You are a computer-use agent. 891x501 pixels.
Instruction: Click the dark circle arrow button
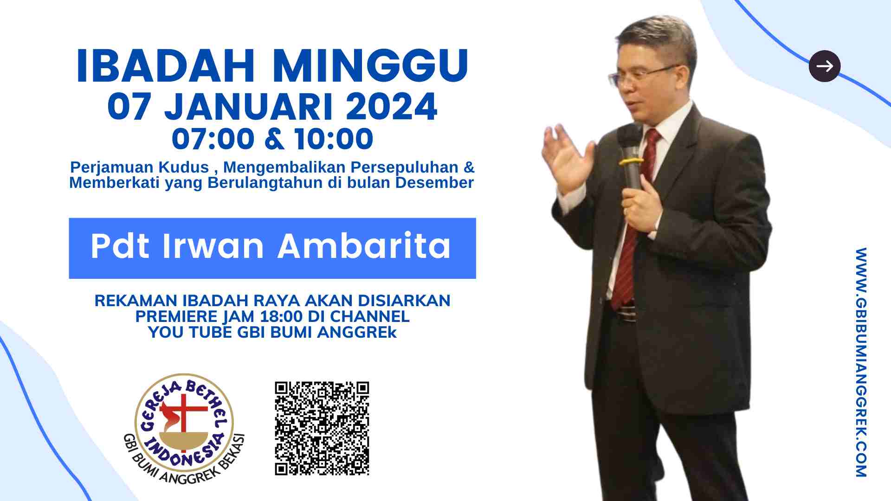[x=825, y=66]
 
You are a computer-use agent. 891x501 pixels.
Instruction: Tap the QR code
[x=322, y=429]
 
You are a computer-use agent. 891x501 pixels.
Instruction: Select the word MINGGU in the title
[x=370, y=66]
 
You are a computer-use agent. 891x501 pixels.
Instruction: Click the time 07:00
[x=213, y=139]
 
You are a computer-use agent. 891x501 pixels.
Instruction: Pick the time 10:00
[x=334, y=139]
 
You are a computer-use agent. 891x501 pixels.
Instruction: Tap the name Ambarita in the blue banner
[x=364, y=246]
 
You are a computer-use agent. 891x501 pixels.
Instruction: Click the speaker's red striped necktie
[x=635, y=218]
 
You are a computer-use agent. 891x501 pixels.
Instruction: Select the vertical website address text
[x=861, y=362]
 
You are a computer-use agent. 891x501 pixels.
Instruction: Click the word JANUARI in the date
[x=249, y=107]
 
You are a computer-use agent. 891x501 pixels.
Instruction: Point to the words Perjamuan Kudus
[x=139, y=167]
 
